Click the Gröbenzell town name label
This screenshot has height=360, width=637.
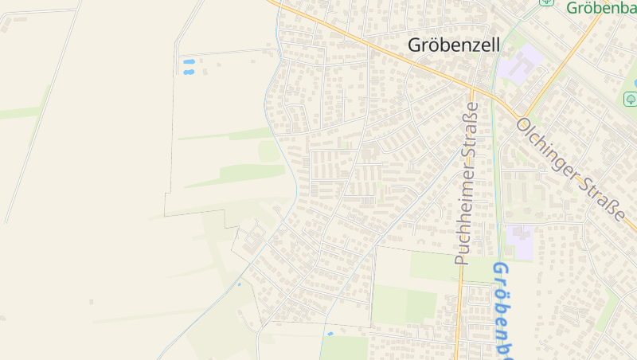pos(454,45)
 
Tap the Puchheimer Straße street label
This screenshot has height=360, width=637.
pos(467,183)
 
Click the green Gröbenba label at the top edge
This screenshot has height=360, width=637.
pos(601,9)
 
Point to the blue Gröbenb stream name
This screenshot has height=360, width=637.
pos(502,311)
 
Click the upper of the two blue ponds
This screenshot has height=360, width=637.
pos(189,61)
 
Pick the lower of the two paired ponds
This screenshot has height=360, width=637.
pos(189,72)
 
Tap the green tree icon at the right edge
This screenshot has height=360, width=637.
pos(630,99)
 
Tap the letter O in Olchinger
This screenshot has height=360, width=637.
pos(524,126)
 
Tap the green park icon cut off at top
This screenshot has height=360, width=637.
pos(546,2)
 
